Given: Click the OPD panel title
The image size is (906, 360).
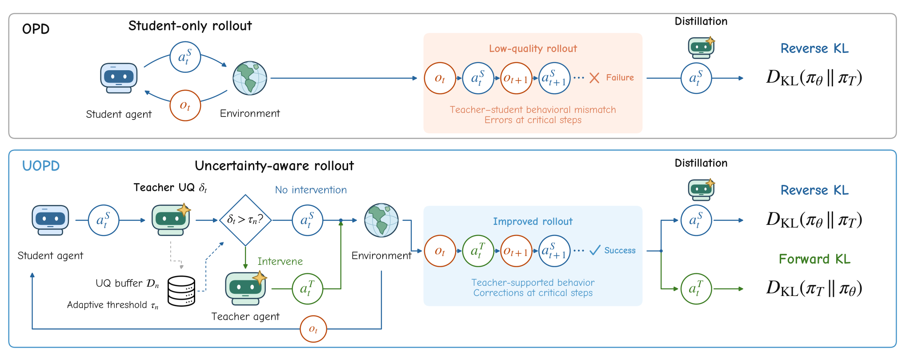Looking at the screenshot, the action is pos(36,29).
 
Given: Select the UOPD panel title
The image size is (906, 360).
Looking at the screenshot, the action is pos(41,166).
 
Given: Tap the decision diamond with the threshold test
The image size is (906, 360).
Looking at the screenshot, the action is pos(245,220).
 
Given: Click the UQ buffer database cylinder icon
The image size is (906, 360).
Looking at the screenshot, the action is pos(181,291).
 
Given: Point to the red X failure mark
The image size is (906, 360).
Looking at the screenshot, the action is pos(594,78).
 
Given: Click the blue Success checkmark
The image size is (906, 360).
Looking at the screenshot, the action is pos(595,251).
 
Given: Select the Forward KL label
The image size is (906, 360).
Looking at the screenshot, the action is pos(814,259).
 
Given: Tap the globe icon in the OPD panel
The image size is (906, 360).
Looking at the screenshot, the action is pos(250,78).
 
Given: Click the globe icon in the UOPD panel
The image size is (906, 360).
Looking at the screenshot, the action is pos(381,220).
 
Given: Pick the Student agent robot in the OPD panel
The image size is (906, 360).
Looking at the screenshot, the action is pos(119,78).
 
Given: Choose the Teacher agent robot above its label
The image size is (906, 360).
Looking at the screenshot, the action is pos(246,288).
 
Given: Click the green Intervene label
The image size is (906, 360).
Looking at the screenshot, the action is pos(280,261).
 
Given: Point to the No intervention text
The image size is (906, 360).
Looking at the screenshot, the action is pos(311,190).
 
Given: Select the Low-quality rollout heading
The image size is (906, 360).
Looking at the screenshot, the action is pos(533,49).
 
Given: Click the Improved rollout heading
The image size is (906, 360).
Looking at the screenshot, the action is pos(533,221).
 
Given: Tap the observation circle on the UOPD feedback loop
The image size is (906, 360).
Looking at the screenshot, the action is pos(313,329).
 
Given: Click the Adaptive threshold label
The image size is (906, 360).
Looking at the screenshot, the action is pos(112,305).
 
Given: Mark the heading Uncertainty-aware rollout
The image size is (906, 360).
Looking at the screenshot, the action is pos(274,166).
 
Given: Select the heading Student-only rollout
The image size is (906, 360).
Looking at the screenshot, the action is pos(190,26).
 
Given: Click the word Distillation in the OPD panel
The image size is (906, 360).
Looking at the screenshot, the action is pos(701,21).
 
